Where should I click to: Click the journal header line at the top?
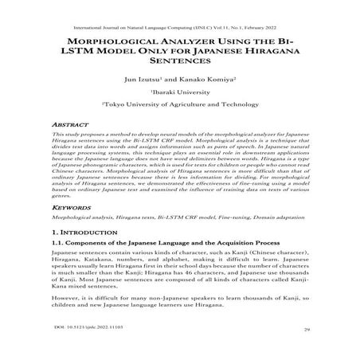179,17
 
